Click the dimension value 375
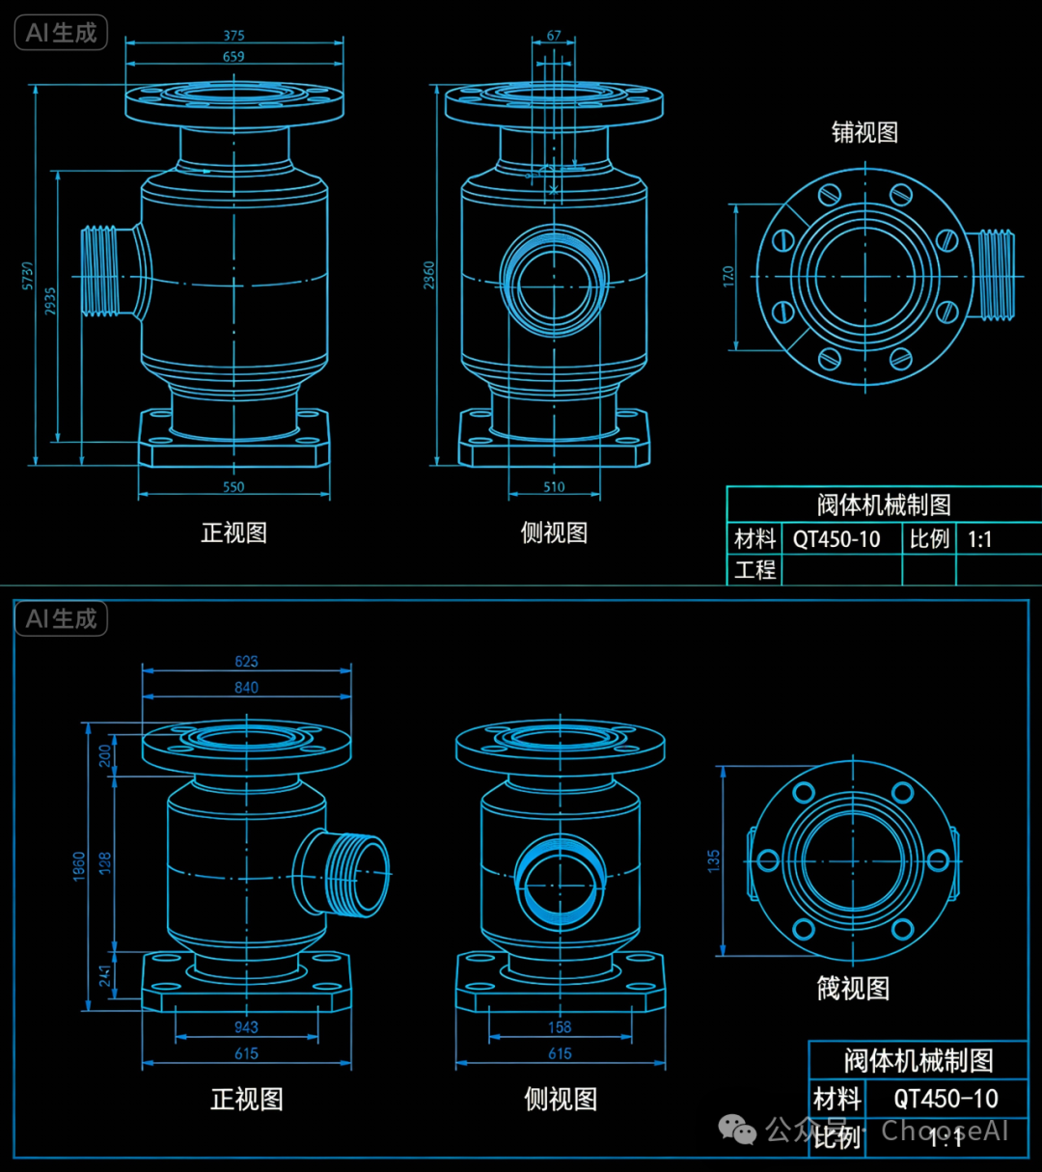tap(234, 36)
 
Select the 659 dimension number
tap(234, 57)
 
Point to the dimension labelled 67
tap(554, 36)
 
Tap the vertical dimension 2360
tap(429, 275)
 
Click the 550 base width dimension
tap(234, 487)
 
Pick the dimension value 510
tap(554, 487)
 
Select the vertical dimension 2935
tap(50, 301)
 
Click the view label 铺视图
tap(864, 132)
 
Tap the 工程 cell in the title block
tap(754, 570)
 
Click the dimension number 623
tap(246, 662)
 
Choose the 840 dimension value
tap(246, 688)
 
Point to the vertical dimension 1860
tap(79, 865)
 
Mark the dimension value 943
tap(246, 1027)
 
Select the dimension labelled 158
tap(560, 1027)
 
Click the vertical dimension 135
tap(713, 860)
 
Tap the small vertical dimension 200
tap(105, 755)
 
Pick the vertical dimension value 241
tap(105, 975)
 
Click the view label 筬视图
tap(853, 988)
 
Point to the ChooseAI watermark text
tap(945, 1130)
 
